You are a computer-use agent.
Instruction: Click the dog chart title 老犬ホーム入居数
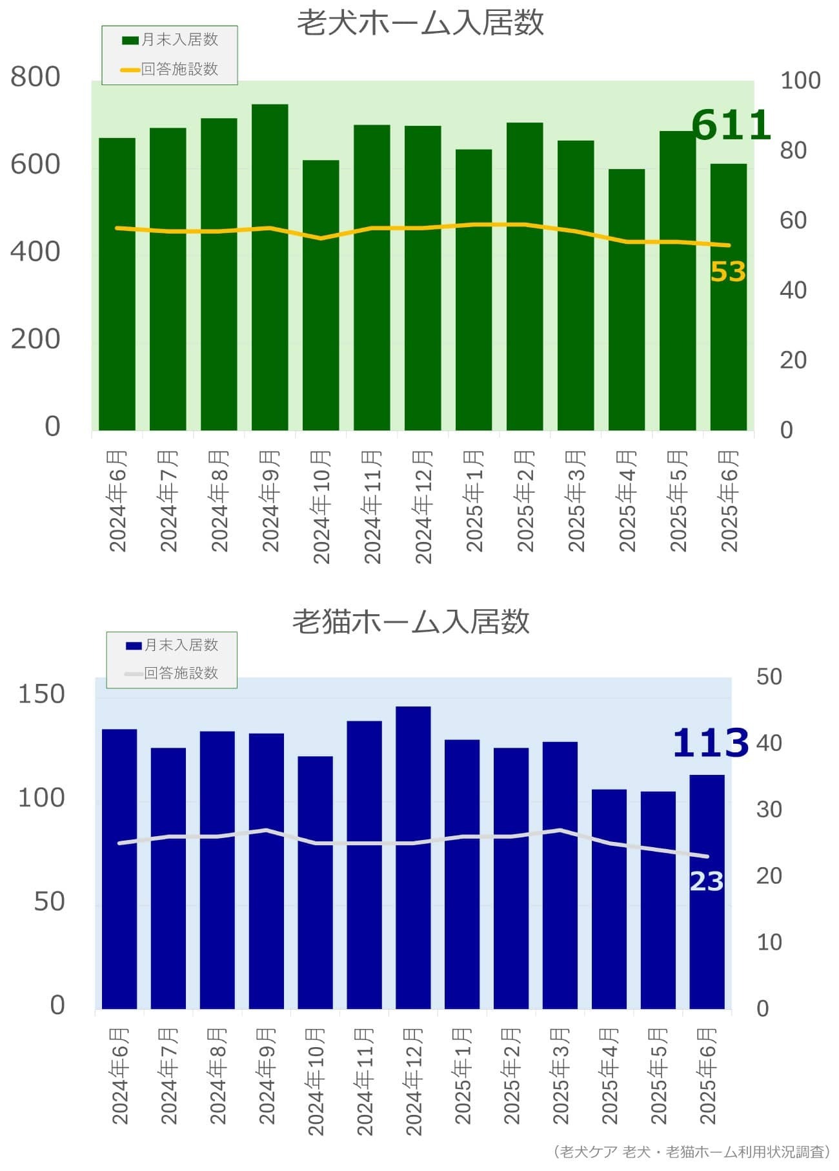[x=420, y=23]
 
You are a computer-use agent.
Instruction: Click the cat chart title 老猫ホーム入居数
[x=411, y=621]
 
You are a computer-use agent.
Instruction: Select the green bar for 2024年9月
[x=270, y=267]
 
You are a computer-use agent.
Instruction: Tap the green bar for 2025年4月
[x=626, y=299]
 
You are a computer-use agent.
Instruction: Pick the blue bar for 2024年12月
[x=413, y=857]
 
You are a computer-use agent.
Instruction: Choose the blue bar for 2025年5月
[x=658, y=899]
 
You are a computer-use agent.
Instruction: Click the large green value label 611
[x=731, y=125]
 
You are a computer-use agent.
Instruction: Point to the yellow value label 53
[x=728, y=272]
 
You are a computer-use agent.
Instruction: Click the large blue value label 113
[x=711, y=743]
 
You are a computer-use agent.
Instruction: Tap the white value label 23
[x=707, y=881]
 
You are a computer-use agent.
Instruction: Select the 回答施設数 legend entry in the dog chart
[x=171, y=69]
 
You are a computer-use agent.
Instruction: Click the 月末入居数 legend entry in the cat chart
[x=173, y=645]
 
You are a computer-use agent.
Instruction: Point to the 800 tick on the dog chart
[x=35, y=77]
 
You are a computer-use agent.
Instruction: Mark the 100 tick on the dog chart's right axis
[x=800, y=81]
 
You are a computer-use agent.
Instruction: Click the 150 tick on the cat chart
[x=41, y=694]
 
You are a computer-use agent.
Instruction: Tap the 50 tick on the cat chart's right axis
[x=769, y=677]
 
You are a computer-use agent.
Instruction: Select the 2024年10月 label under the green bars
[x=321, y=506]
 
